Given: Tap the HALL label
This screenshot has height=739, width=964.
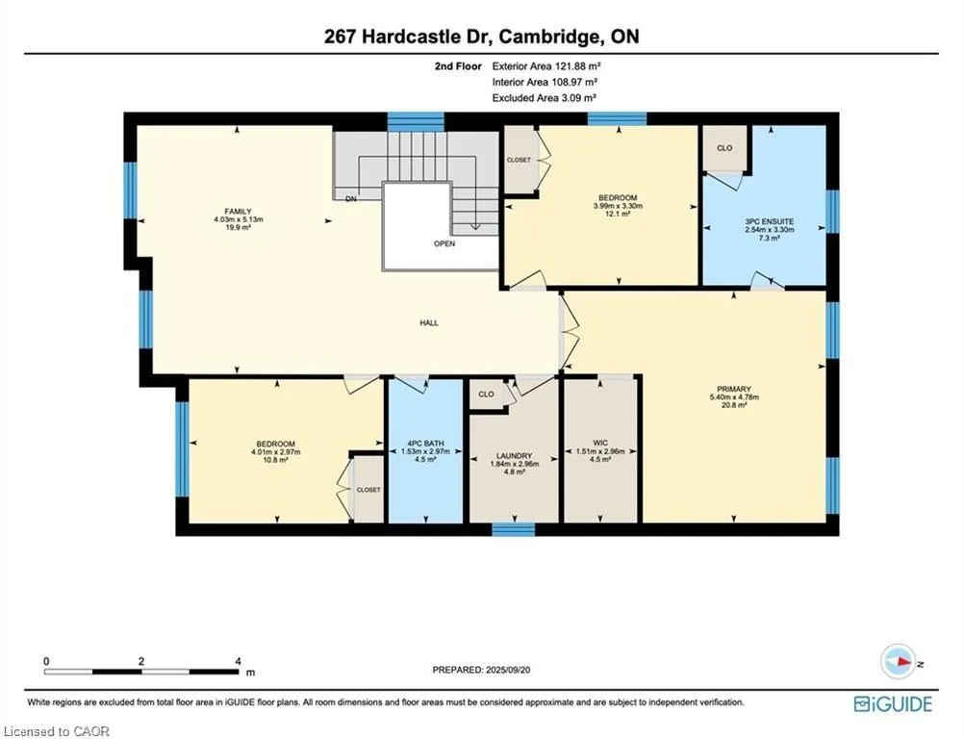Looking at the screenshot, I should click(x=429, y=323).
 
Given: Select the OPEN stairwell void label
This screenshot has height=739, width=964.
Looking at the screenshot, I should click(x=444, y=243).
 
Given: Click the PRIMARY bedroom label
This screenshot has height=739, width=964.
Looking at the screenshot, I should click(x=734, y=389).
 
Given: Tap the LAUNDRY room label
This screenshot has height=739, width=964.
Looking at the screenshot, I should click(x=514, y=456).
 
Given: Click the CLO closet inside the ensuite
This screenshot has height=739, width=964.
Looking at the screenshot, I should click(x=724, y=149).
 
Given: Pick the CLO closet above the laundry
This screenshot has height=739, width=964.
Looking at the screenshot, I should click(x=486, y=394).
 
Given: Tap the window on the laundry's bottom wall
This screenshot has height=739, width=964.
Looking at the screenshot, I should click(x=513, y=529).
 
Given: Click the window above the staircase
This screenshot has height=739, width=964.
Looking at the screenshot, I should click(x=416, y=120).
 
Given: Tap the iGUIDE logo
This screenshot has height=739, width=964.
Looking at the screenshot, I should click(x=893, y=704).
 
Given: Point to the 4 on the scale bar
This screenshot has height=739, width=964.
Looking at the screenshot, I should click(x=238, y=662).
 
